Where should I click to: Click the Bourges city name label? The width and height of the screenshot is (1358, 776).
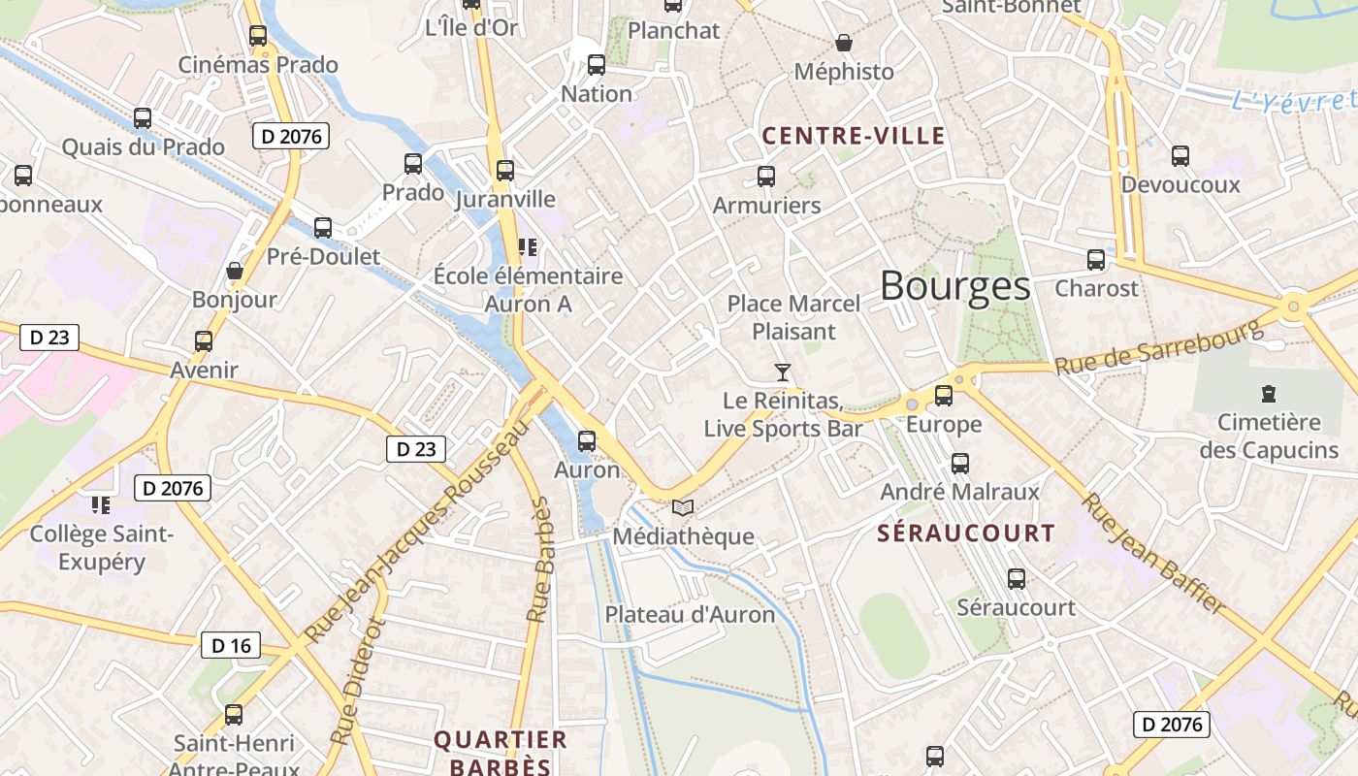(x=955, y=286)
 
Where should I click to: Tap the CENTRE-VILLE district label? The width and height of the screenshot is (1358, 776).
(x=854, y=136)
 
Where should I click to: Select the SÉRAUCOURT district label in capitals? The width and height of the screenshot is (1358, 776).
(x=966, y=533)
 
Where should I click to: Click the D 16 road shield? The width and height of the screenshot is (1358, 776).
(x=231, y=645)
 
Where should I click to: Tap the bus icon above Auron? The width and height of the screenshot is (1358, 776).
(x=587, y=441)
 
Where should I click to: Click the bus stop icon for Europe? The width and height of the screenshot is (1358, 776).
(x=944, y=396)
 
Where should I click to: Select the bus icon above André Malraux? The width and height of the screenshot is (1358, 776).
(x=960, y=464)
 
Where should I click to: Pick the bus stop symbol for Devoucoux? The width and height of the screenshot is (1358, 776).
(x=1180, y=155)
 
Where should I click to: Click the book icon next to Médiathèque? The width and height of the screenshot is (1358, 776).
(x=683, y=507)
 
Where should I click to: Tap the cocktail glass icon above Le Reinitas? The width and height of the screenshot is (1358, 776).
(x=783, y=372)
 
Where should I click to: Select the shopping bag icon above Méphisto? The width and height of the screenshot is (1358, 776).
(x=844, y=43)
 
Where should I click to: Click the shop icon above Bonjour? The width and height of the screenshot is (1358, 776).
(x=234, y=271)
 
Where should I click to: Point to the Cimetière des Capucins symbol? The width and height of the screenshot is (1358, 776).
(x=1269, y=394)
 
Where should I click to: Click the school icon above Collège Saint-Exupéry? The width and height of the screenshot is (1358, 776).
(x=100, y=504)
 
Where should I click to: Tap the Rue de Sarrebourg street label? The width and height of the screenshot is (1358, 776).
(x=1159, y=348)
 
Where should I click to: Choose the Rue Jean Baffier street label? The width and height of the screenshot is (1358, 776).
(x=1154, y=554)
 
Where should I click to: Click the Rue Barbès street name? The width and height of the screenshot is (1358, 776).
(x=538, y=560)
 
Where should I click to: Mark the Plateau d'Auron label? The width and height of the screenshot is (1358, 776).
(x=691, y=614)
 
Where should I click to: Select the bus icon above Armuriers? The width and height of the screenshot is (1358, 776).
(x=766, y=177)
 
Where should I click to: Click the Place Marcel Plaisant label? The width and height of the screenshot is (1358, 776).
(x=793, y=317)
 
